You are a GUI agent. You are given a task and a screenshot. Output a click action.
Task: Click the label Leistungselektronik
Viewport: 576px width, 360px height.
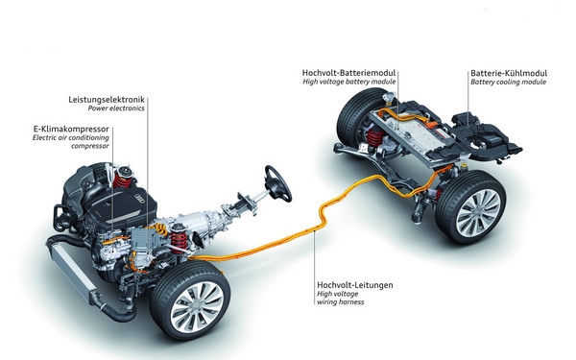coord(107,100)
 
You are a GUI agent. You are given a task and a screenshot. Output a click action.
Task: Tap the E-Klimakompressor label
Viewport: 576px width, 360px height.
coord(71,129)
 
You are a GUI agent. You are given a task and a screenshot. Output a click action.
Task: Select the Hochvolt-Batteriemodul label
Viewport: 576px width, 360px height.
coord(349,73)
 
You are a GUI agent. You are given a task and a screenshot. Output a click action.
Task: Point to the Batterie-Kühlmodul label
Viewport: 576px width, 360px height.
coord(509,73)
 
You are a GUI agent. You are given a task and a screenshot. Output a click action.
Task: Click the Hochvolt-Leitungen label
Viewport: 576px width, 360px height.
coord(355,285)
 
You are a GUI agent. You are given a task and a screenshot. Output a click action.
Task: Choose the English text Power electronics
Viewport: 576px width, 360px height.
coord(116,108)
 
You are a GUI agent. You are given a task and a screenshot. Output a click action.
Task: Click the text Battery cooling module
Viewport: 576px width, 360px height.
coord(509,82)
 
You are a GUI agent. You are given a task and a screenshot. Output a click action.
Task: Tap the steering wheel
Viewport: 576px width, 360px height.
coord(278,183)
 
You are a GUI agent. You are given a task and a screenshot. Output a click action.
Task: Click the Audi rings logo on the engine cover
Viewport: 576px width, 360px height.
coord(141,198)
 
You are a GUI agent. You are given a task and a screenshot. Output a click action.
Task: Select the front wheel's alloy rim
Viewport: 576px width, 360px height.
coord(197,307)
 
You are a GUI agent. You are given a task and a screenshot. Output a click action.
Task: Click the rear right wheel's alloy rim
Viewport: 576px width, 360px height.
coord(477,213)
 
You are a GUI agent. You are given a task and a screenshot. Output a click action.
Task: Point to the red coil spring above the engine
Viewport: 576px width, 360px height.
coord(122,180)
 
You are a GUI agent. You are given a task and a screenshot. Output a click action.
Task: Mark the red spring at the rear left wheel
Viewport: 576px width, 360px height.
coord(375,137)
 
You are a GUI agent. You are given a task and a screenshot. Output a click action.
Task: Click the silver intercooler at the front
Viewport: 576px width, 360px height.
coord(72,271)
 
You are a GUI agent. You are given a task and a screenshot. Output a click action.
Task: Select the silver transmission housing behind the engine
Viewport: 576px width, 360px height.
coord(201,220)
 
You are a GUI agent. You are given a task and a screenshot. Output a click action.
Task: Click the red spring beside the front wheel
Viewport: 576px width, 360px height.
coord(179,242)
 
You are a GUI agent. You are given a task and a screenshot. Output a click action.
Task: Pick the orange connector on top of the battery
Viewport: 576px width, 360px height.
coord(433,124)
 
